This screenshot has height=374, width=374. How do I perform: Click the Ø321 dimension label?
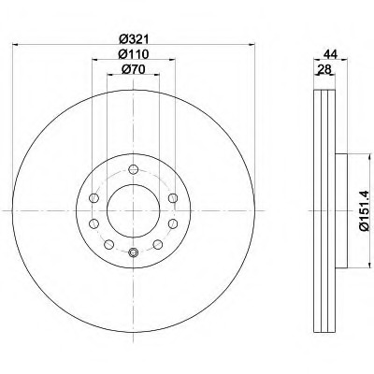(134, 38)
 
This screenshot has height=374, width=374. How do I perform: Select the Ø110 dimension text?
(134, 54)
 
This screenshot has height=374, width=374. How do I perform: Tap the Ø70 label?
(134, 69)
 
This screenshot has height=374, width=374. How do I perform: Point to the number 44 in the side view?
(330, 54)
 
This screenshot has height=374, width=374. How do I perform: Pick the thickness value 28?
(324, 69)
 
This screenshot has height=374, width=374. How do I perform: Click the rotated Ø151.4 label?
(364, 210)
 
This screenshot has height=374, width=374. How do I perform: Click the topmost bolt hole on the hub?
(134, 169)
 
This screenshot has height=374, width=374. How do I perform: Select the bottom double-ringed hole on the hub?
(134, 252)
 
